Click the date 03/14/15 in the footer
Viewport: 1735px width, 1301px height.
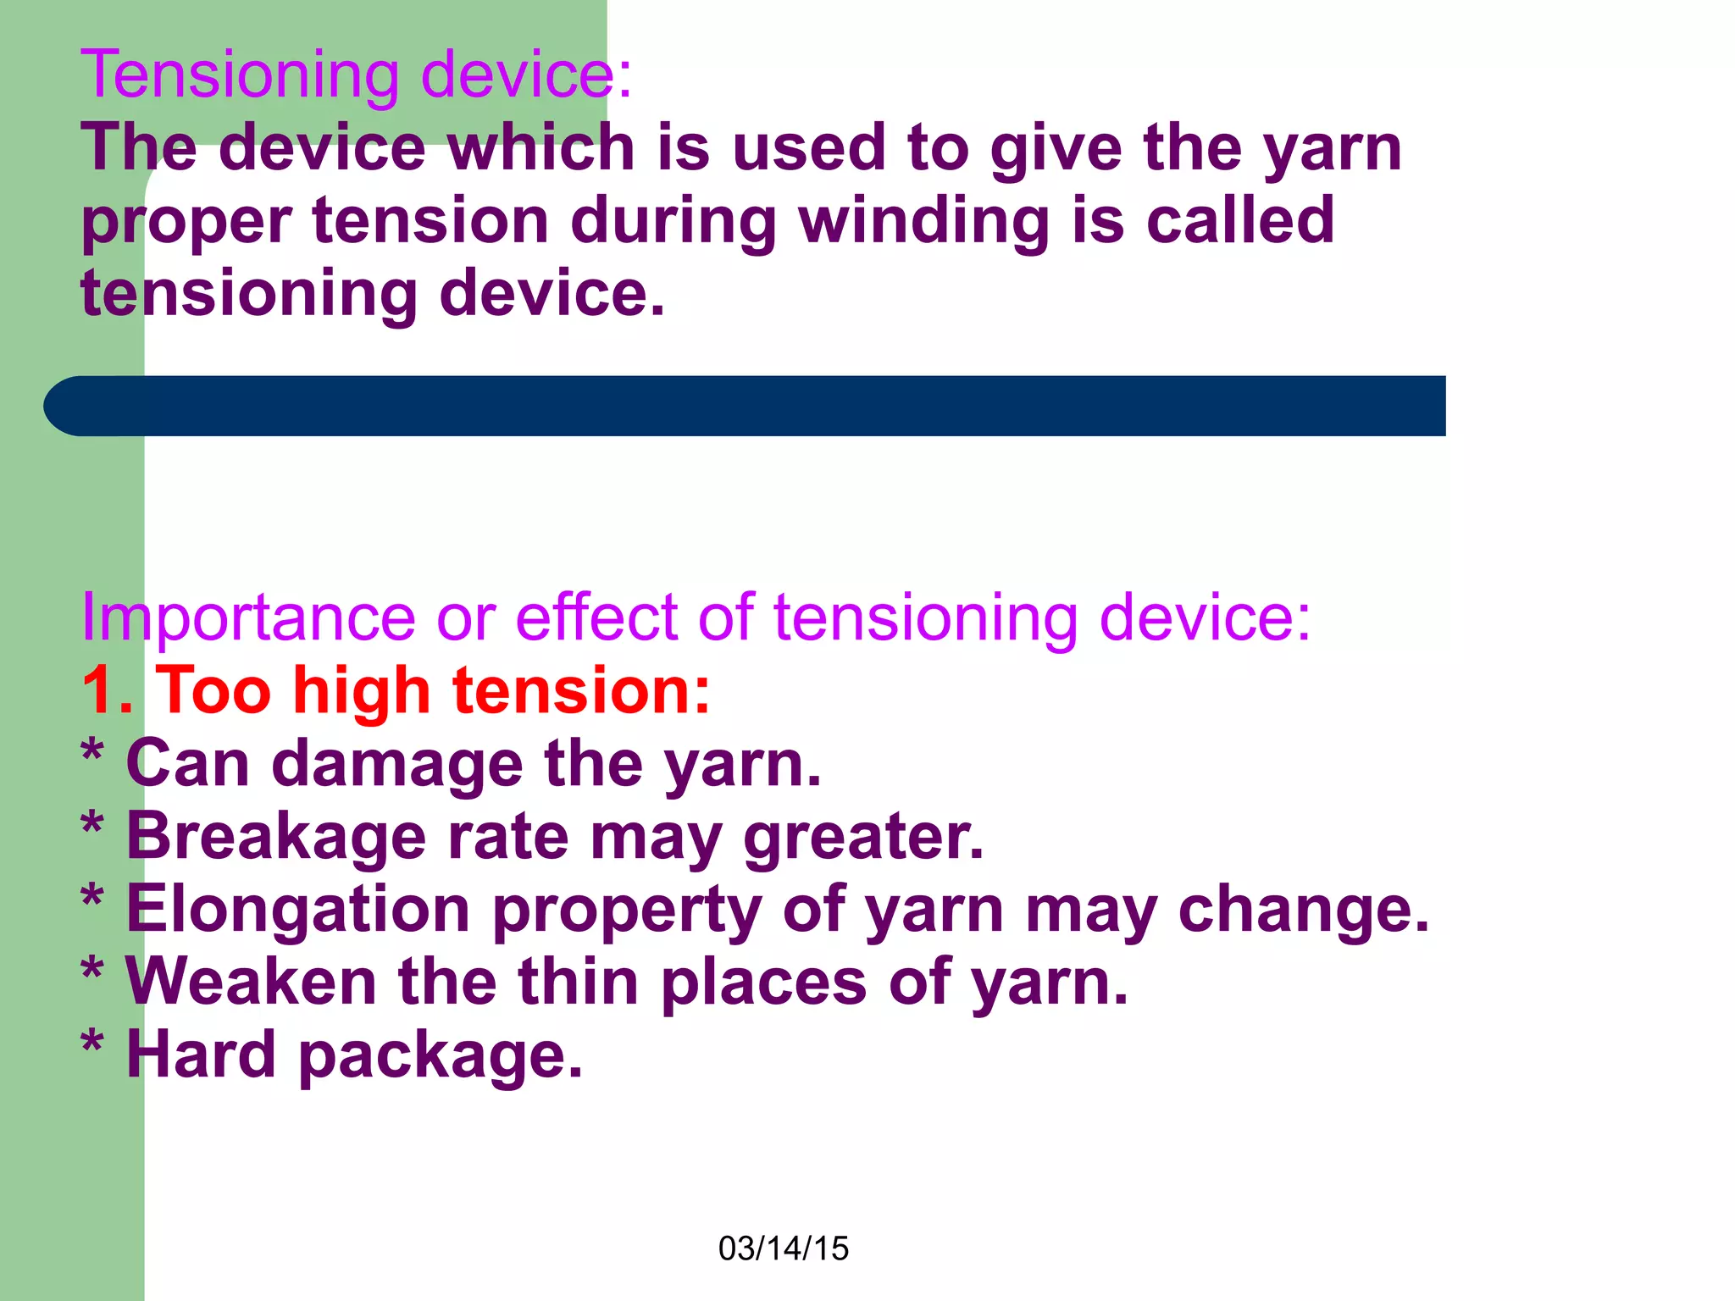click(x=783, y=1248)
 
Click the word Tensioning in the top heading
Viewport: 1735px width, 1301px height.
click(x=240, y=76)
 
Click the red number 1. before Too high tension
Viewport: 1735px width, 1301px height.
click(x=107, y=691)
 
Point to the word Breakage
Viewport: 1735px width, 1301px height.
click(x=276, y=837)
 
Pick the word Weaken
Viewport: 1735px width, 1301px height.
click(x=251, y=983)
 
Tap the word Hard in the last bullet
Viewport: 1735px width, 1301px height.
click(x=201, y=1055)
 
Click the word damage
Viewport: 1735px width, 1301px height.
click(x=397, y=765)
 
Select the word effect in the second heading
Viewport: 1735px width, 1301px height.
click(x=596, y=618)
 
